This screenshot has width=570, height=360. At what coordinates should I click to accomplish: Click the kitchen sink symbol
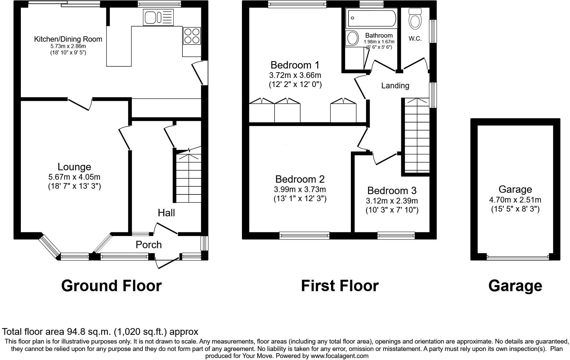pyautogui.click(x=158, y=17)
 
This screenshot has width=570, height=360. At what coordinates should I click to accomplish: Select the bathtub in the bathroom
pyautogui.click(x=371, y=19)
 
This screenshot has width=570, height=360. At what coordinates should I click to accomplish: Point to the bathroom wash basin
pyautogui.click(x=353, y=38)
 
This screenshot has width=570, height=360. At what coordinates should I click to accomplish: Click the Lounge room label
pyautogui.click(x=74, y=167)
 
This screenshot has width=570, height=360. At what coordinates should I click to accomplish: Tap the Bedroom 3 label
pyautogui.click(x=392, y=191)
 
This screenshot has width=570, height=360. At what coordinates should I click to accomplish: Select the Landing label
pyautogui.click(x=395, y=86)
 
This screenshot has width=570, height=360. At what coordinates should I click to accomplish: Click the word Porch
pyautogui.click(x=149, y=245)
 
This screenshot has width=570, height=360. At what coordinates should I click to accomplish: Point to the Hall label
pyautogui.click(x=166, y=213)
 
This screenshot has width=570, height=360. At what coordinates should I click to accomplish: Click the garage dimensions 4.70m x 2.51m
pyautogui.click(x=515, y=200)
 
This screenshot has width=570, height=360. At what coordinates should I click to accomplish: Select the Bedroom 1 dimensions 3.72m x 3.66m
pyautogui.click(x=295, y=75)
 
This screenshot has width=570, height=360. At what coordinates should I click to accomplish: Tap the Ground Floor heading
pyautogui.click(x=111, y=285)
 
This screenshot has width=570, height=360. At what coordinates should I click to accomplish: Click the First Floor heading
pyautogui.click(x=339, y=285)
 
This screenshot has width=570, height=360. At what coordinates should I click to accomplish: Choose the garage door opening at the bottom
pyautogui.click(x=518, y=258)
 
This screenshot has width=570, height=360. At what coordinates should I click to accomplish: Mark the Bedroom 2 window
pyautogui.click(x=304, y=236)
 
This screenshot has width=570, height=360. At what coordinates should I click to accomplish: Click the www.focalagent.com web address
pyautogui.click(x=339, y=356)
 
